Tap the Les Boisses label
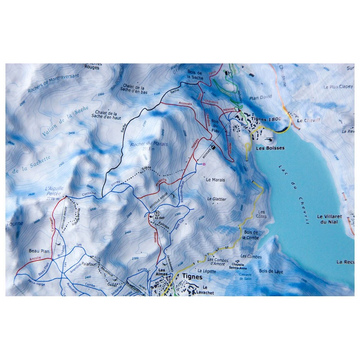[x=270, y=148]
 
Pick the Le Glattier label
[x=217, y=199]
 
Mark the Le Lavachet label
[x=208, y=290]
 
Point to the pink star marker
[x=204, y=164]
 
